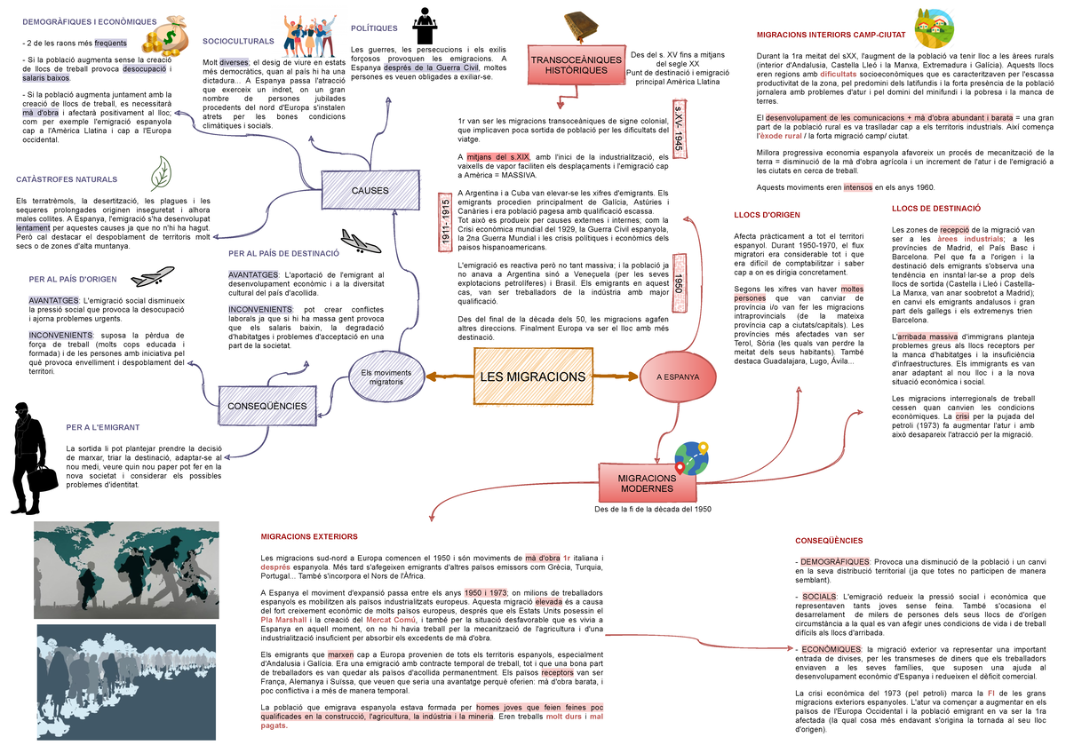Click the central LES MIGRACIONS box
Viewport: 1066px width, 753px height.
coord(532,376)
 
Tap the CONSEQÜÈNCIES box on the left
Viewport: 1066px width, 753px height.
coord(266,406)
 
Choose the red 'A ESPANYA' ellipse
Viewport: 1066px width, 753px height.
coord(678,376)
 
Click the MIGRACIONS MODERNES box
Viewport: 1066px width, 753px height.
coord(647,484)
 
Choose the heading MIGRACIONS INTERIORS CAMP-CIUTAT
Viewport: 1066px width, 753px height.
coord(830,35)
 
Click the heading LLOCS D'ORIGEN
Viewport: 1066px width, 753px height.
coord(767,214)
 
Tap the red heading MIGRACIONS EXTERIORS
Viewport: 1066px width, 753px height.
coord(308,536)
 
